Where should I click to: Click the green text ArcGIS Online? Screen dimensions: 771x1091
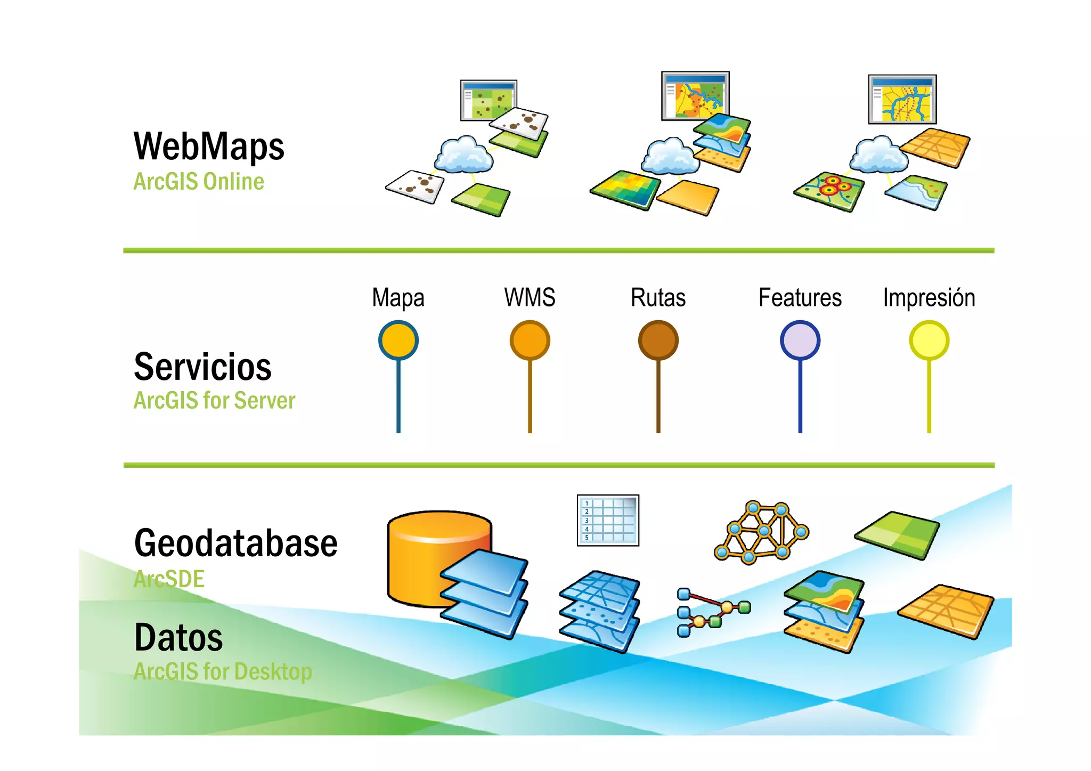198,182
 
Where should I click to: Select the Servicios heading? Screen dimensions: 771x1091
202,367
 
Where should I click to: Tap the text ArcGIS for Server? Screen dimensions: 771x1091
214,401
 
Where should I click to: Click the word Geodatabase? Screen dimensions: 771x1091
235,543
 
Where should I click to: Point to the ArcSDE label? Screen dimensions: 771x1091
169,579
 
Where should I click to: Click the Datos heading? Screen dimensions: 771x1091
178,637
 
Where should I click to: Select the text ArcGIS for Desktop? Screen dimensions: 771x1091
222,671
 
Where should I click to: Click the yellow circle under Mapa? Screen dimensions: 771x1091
398,340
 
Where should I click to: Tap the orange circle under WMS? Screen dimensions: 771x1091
530,340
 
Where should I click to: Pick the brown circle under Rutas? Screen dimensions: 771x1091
658,340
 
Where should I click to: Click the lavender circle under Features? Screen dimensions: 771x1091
800,340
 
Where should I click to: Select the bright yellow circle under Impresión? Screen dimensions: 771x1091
929,340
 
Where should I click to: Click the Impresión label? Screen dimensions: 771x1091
929,297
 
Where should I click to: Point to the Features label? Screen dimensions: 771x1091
800,297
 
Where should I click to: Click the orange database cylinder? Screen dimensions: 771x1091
426,554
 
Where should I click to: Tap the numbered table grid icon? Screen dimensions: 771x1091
608,520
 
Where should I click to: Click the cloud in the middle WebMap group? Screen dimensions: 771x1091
670,156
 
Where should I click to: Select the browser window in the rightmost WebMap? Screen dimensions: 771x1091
902,99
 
